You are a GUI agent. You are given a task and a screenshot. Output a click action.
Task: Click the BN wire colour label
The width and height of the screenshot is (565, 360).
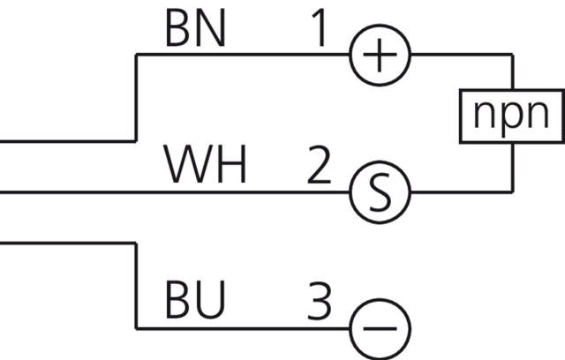click(x=195, y=30)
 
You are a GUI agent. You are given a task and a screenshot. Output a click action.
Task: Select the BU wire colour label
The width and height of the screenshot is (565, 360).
click(x=195, y=302)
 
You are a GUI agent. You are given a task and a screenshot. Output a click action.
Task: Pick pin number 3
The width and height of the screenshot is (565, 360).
click(x=320, y=302)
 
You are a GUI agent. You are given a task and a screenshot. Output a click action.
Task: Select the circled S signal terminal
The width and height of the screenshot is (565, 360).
click(x=380, y=192)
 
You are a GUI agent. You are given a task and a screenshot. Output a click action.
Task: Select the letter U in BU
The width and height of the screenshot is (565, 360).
click(x=211, y=302)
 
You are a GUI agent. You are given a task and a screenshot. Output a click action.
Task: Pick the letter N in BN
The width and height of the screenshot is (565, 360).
click(x=211, y=30)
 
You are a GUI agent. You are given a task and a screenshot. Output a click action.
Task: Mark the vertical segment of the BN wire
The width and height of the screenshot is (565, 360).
click(x=135, y=97)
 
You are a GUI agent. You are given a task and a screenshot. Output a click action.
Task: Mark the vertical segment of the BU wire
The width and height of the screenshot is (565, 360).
click(x=135, y=282)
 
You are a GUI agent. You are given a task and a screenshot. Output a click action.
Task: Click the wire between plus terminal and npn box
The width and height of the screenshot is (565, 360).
click(x=459, y=55)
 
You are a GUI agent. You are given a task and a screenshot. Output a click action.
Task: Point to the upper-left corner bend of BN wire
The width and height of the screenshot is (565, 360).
click(x=136, y=55)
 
